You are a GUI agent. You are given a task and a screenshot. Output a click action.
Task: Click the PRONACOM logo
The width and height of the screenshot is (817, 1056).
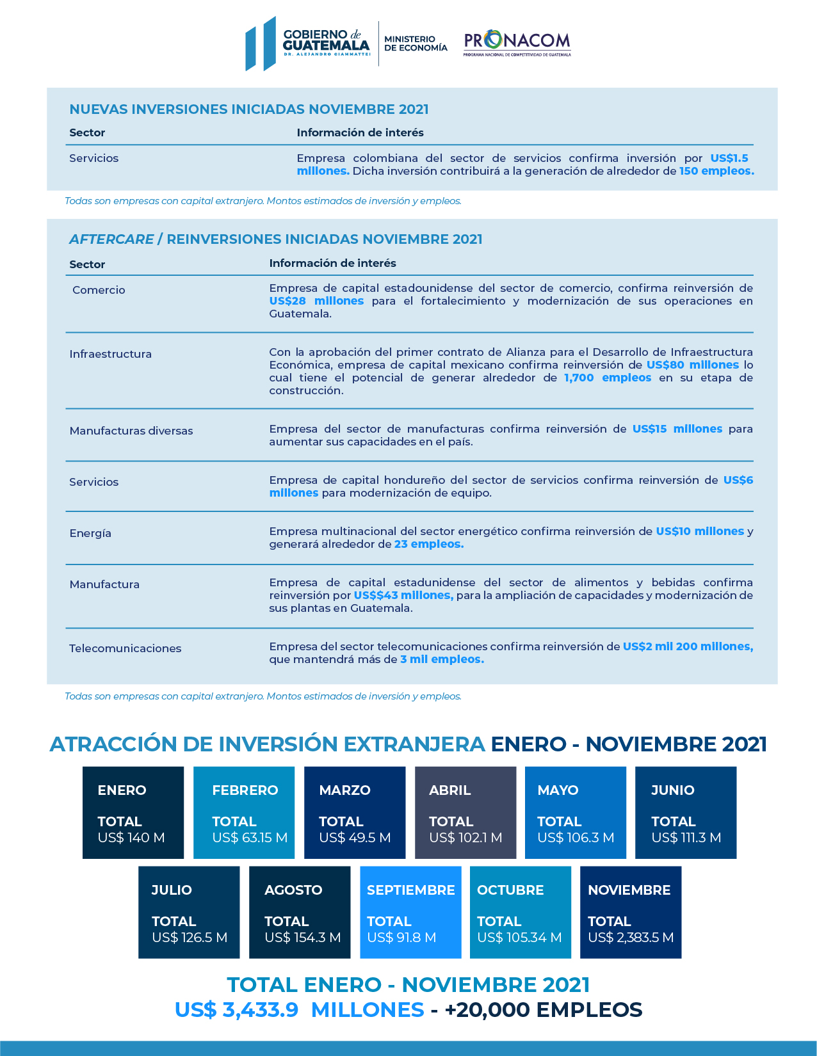tap(517, 43)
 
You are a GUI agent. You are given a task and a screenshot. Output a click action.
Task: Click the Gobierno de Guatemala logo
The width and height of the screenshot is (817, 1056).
tap(308, 44)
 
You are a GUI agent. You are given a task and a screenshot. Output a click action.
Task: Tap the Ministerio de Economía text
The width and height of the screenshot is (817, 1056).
tap(416, 44)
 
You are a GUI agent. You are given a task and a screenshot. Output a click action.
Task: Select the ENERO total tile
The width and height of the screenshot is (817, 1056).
tap(133, 812)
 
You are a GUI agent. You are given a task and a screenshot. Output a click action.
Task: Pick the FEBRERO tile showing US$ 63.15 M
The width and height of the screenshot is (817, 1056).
tap(244, 812)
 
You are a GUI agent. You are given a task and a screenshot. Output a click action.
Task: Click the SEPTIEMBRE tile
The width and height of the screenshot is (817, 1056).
tap(410, 912)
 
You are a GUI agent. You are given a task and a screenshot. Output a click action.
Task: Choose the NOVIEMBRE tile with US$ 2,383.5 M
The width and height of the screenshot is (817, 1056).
tap(630, 912)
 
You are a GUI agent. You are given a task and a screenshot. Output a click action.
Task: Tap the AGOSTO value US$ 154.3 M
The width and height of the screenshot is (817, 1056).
tap(302, 938)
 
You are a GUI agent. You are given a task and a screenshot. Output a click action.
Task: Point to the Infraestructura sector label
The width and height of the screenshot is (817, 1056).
tap(110, 354)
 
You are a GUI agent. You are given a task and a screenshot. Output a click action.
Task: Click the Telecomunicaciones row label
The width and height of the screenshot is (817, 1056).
tap(125, 648)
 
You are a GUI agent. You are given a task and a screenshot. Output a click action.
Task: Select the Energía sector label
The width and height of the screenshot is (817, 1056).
tap(90, 533)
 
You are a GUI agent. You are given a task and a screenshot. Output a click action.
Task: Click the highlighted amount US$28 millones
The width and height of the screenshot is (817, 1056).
tap(316, 301)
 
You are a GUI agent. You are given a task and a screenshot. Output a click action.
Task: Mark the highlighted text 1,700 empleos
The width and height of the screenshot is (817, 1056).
tap(607, 378)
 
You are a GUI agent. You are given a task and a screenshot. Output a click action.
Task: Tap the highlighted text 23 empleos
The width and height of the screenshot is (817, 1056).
tap(428, 544)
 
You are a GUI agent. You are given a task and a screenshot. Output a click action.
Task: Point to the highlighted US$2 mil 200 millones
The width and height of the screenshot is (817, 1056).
tap(688, 646)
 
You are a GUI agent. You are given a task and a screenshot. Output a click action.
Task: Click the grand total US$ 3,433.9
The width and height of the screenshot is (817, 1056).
tap(236, 1009)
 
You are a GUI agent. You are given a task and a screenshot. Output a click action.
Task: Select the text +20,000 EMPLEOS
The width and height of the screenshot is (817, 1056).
tap(543, 1009)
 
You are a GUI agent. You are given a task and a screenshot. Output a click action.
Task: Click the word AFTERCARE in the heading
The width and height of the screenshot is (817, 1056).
tap(111, 239)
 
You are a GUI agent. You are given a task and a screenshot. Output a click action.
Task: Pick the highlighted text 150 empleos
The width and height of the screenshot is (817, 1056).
tap(716, 171)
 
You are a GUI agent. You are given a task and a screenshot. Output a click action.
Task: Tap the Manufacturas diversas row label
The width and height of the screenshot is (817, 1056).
tap(131, 431)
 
